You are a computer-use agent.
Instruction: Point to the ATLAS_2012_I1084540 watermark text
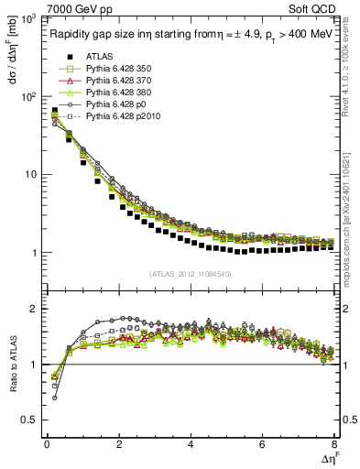[x=191, y=274]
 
